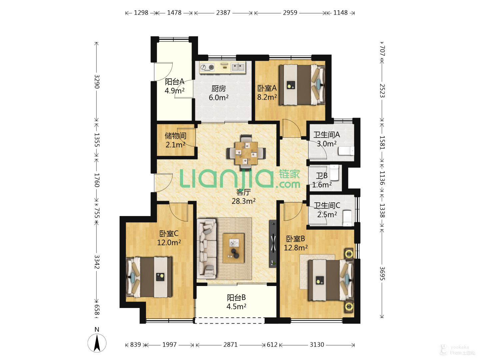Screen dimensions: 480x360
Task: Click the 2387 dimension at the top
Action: point(223,13)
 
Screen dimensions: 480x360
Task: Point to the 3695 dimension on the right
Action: point(382,273)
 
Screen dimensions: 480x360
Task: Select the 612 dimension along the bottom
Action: point(272,345)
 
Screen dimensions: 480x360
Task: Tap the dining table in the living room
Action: point(246,153)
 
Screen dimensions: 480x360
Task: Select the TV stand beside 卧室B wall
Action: point(273,244)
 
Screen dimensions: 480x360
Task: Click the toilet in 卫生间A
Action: point(346,151)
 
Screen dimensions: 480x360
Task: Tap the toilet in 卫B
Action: point(334,172)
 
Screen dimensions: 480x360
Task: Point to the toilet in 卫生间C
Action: point(347,218)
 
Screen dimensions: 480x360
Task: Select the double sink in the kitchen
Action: point(238,67)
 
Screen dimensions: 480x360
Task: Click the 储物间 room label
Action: point(175,136)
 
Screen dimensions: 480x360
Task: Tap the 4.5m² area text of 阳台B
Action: point(236,306)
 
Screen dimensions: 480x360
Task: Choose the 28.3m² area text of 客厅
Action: point(243,201)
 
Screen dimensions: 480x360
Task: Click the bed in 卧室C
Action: point(149,277)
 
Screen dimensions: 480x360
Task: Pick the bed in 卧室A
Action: point(302,85)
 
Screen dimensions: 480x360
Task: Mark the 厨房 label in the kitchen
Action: point(218,89)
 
